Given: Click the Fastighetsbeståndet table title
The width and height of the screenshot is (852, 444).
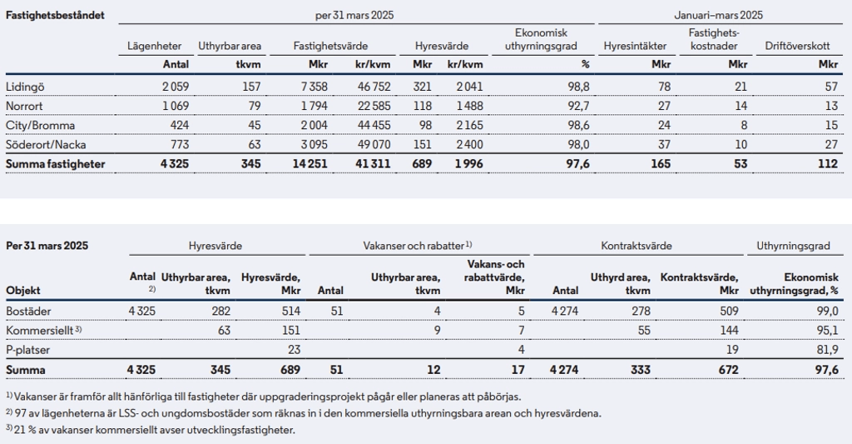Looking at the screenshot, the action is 55,15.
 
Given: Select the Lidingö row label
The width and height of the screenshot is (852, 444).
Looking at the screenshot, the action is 25,87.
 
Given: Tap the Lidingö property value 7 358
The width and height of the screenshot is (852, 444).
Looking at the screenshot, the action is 315,87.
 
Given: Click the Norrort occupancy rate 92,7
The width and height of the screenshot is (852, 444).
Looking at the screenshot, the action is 579,106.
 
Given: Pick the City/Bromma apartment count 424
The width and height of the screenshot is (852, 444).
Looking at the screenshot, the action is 180,125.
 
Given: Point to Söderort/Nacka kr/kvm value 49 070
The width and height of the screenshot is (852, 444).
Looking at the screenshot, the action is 374,145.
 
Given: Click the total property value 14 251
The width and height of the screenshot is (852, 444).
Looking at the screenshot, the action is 310,164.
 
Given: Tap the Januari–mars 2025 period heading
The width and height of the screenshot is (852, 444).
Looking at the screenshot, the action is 718,15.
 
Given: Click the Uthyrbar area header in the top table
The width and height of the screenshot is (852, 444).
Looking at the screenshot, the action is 230,47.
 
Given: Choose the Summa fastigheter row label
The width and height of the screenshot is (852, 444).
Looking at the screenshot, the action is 56,164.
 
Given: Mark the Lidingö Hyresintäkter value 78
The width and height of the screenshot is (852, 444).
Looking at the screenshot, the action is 664,87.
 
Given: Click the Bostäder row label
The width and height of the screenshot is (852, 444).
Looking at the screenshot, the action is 28,312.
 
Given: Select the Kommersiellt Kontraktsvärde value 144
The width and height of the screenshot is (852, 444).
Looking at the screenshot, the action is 729,330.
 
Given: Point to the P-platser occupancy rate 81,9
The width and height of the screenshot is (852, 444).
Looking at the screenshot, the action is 827,350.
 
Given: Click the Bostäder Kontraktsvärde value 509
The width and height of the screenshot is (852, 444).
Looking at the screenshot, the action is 729,312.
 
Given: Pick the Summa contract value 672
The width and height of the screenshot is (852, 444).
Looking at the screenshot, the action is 729,370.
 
